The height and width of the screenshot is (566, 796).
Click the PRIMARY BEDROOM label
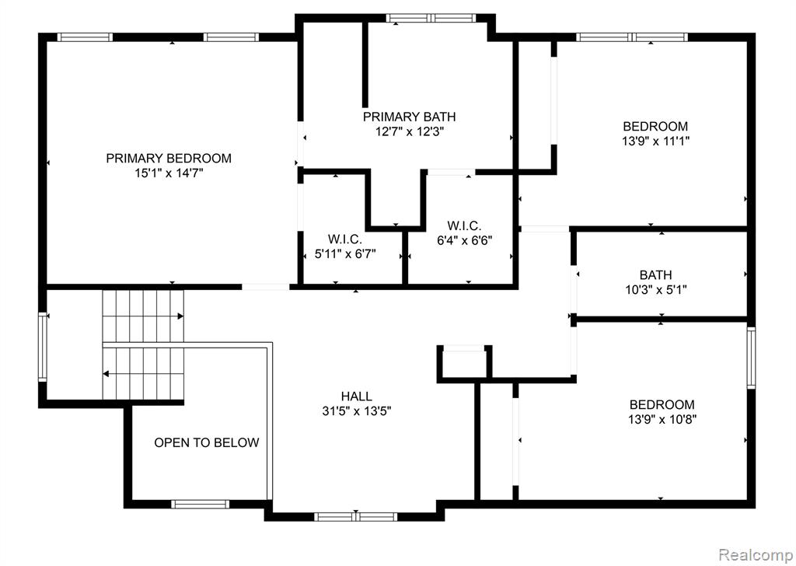point(169,159)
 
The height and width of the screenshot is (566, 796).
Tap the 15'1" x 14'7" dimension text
point(169,173)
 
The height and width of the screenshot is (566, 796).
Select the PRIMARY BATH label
point(409,117)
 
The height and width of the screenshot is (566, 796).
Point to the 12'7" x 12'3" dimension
point(410,132)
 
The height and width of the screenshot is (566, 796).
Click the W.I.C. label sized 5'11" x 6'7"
point(344,239)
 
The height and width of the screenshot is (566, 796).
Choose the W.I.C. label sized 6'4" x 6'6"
point(464,225)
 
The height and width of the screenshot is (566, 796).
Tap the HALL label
point(356,396)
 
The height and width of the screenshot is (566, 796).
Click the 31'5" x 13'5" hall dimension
point(356,411)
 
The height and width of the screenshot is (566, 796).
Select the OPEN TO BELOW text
point(207,442)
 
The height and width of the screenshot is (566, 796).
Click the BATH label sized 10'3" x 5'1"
point(655,275)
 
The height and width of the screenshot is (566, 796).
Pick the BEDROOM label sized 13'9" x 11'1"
point(655,126)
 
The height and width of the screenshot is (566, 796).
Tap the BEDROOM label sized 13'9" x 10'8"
point(662,404)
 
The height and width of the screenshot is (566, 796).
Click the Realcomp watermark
point(756,554)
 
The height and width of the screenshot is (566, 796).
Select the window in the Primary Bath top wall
point(431,19)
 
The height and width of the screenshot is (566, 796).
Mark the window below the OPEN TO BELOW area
point(200,504)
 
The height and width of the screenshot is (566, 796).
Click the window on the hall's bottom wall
point(355,517)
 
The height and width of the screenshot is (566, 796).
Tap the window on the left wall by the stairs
point(43,347)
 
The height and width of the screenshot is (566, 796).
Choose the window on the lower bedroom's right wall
point(751,358)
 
